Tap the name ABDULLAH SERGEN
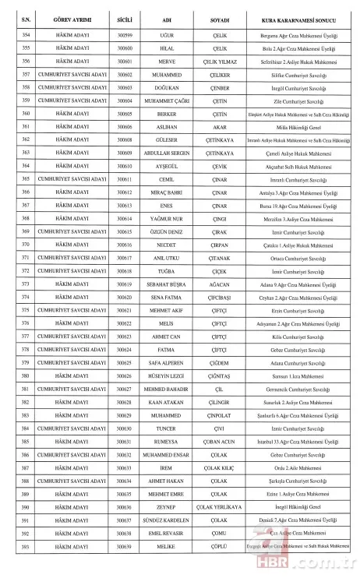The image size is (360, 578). tap(171, 153)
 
